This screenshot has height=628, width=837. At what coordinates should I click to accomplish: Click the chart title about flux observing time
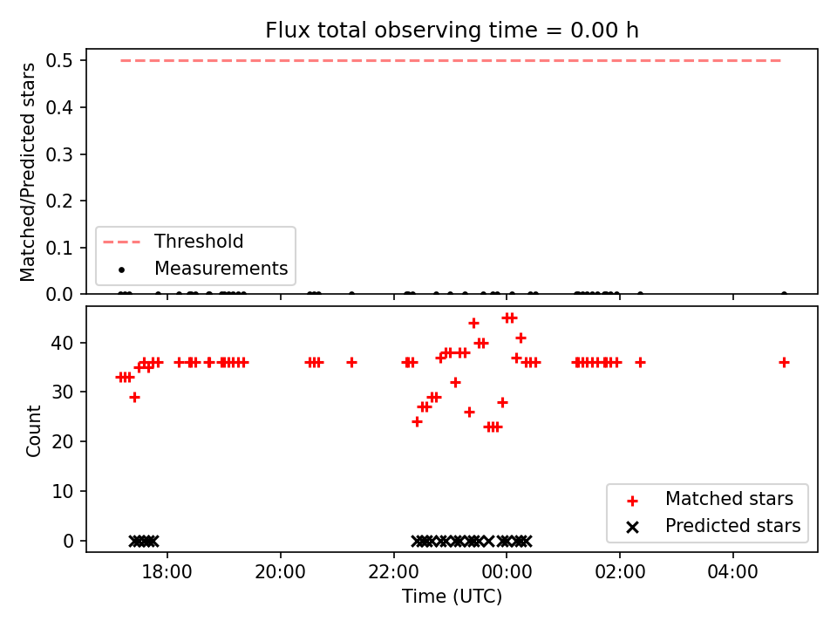pos(452,31)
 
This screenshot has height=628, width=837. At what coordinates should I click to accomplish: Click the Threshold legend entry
pos(173,242)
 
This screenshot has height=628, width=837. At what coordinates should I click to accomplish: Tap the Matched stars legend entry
pos(710,499)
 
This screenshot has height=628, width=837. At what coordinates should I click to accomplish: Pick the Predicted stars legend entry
pos(714,526)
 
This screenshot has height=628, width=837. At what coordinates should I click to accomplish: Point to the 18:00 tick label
pos(167,572)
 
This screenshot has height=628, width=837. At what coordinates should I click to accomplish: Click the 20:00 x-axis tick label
pos(280,572)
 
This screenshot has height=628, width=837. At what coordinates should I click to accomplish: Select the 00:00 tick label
pos(507,572)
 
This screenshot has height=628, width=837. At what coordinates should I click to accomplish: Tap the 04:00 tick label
pos(733,572)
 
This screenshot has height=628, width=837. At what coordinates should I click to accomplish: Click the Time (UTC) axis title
pos(452,596)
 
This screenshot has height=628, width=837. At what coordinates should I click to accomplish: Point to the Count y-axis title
pos(33,430)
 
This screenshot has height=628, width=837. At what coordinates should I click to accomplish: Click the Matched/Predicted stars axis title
pos(27,172)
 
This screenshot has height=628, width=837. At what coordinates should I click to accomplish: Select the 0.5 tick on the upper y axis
pos(58,60)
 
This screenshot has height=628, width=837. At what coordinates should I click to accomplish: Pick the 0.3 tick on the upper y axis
pos(58,154)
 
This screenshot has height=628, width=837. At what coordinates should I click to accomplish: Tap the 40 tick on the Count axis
pos(62,343)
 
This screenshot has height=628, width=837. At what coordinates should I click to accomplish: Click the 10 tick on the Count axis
pos(62,491)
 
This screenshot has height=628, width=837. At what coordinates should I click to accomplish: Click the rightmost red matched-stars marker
pos(784,363)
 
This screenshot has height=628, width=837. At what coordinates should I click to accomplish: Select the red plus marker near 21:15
pos(351,363)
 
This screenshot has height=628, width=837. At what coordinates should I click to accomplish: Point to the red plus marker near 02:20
pos(640,363)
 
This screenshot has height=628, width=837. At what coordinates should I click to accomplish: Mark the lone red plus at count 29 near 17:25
pos(134,398)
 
